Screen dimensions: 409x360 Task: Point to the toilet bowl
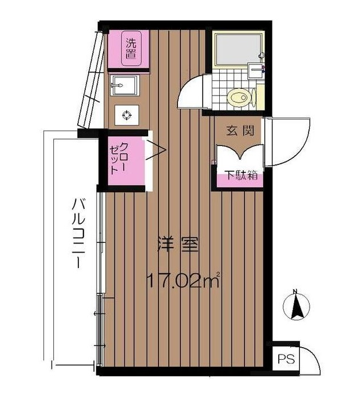click(x=238, y=97)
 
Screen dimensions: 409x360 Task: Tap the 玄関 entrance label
click(x=239, y=131)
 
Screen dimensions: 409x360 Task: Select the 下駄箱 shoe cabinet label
click(x=240, y=175)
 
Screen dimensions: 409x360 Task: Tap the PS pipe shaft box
click(x=282, y=360)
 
